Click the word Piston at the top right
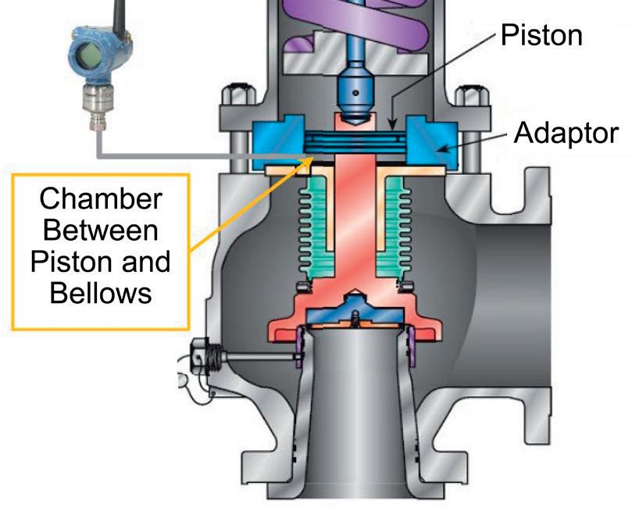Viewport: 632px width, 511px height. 541,34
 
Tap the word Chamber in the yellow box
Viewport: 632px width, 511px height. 102,198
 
